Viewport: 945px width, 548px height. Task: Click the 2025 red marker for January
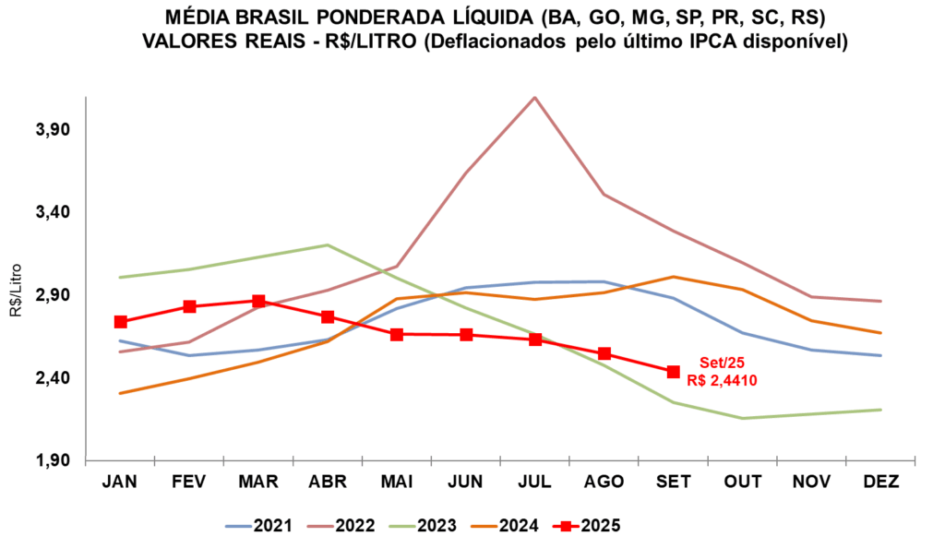click(121, 322)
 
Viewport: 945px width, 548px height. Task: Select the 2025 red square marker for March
click(258, 301)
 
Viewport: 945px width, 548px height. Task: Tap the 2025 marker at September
click(673, 372)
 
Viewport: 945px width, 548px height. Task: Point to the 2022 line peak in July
click(534, 97)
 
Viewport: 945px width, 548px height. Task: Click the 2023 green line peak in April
click(328, 244)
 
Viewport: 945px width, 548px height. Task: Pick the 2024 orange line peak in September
click(673, 277)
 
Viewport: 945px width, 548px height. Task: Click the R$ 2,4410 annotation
click(722, 381)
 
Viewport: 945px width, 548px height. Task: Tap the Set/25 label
click(722, 363)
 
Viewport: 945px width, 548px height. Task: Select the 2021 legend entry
click(259, 526)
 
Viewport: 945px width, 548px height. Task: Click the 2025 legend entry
click(586, 526)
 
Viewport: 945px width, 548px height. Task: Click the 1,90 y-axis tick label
click(54, 460)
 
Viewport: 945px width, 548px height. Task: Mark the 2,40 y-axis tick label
click(54, 378)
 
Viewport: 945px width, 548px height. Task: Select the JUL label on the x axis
click(534, 482)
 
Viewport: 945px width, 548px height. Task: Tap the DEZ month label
click(881, 482)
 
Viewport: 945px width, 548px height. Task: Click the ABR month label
click(328, 482)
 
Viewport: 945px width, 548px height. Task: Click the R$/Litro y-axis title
click(15, 291)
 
